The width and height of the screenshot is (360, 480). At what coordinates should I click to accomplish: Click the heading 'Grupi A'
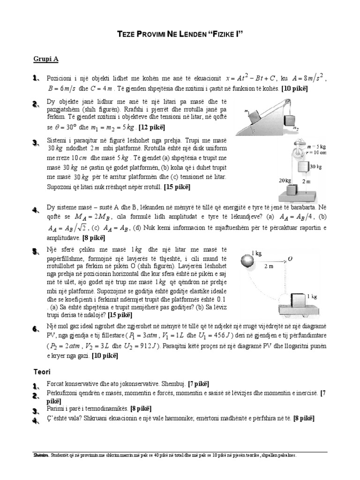click(45, 59)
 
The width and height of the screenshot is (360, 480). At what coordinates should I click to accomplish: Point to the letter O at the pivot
click(291, 258)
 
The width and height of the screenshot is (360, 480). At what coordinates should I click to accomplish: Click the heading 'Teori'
click(41, 372)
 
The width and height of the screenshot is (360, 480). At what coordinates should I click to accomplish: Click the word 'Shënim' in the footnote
click(41, 455)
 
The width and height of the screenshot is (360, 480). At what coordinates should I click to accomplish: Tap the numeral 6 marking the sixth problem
click(35, 330)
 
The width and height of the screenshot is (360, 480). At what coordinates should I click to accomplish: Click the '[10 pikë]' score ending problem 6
click(105, 356)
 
